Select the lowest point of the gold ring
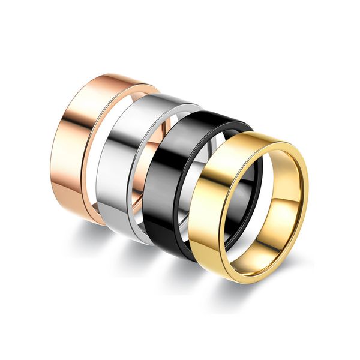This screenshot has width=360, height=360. click(240, 283)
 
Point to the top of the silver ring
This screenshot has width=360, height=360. click(162, 95)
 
